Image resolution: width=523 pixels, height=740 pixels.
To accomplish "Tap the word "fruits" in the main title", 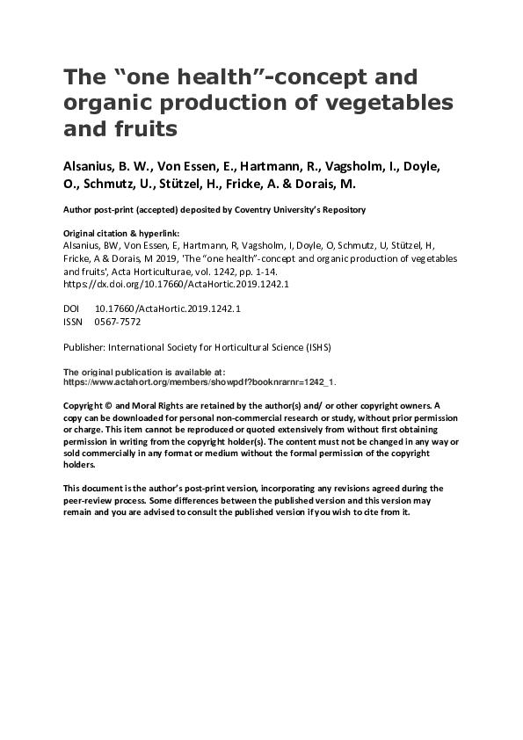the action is tap(150, 128).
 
